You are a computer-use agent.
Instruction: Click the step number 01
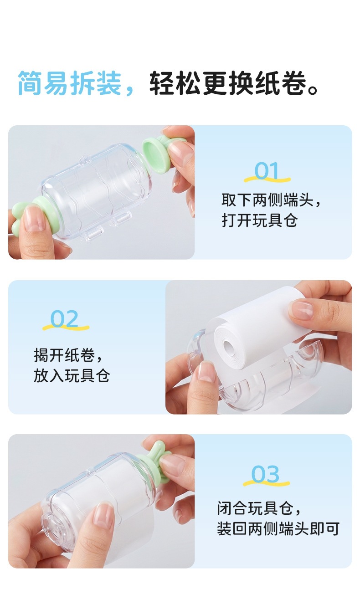[x=267, y=170]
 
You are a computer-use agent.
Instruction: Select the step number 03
[x=265, y=474]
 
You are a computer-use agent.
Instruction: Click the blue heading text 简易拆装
[x=70, y=83]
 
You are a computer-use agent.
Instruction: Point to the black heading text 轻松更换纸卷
[x=228, y=83]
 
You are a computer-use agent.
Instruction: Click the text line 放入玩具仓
[x=72, y=375]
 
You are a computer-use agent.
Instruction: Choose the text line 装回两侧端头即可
[x=278, y=528]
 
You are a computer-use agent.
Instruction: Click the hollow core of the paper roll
[x=229, y=348]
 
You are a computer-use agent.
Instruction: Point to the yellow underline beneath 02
[x=66, y=327]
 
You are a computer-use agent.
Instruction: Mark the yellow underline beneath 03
[x=267, y=483]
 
